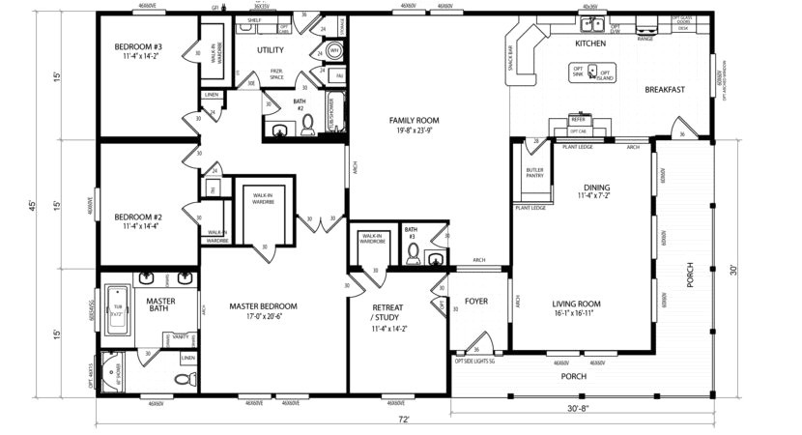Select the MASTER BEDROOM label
(x=263, y=306)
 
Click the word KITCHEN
(x=590, y=44)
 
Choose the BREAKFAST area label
(x=665, y=90)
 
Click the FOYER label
(x=476, y=301)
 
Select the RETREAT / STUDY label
(x=389, y=312)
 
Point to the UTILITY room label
(x=270, y=49)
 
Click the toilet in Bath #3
(x=414, y=255)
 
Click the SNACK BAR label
(x=509, y=60)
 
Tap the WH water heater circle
(x=333, y=50)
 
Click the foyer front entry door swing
(x=483, y=340)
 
